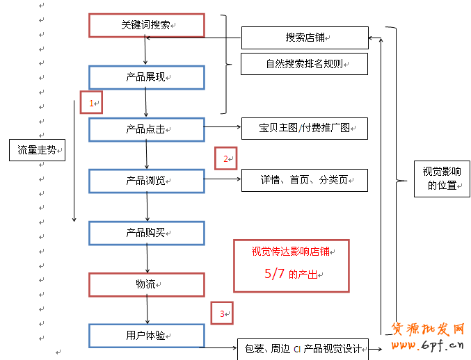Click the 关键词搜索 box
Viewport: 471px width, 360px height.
(147, 25)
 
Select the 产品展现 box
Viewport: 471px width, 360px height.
(147, 77)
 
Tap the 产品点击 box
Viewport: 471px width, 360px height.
(147, 129)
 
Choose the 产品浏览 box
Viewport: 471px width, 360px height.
(147, 181)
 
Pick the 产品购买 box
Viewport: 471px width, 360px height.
(147, 233)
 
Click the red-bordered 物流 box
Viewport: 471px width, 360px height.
(147, 284)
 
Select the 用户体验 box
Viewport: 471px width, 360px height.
(147, 336)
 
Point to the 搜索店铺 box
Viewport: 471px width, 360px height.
(304, 38)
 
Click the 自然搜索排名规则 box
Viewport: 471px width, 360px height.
(304, 64)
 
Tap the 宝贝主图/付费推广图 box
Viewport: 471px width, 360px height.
(304, 129)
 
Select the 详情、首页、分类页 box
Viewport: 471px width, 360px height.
(304, 180)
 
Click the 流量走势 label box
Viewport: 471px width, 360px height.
(38, 149)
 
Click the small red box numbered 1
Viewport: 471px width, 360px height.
(91, 102)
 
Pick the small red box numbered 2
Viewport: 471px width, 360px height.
(225, 158)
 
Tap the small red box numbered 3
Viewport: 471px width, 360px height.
(222, 313)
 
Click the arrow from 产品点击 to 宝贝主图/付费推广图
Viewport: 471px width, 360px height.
(223, 128)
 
